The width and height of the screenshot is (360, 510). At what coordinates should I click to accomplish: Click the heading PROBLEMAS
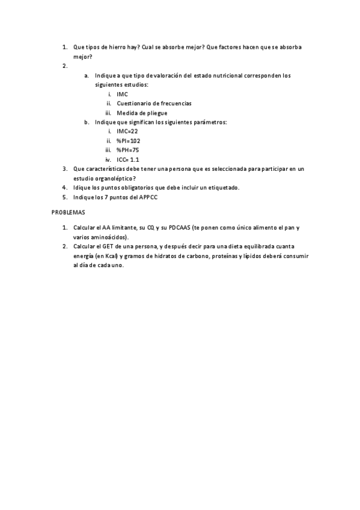[68, 212]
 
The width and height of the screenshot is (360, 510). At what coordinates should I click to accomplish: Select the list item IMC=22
[127, 131]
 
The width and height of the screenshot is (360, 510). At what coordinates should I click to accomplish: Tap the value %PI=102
[129, 140]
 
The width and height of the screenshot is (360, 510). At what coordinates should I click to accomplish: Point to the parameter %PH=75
[127, 150]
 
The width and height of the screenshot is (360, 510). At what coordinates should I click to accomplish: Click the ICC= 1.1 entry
[128, 159]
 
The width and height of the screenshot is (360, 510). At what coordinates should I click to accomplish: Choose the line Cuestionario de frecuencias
[154, 103]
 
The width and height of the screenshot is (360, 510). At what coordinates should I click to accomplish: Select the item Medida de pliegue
[142, 112]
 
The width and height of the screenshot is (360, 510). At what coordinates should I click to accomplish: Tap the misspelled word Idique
[81, 188]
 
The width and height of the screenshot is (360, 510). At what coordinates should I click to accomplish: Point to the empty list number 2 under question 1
[65, 66]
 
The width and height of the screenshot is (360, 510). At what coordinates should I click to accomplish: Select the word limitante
[124, 229]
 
